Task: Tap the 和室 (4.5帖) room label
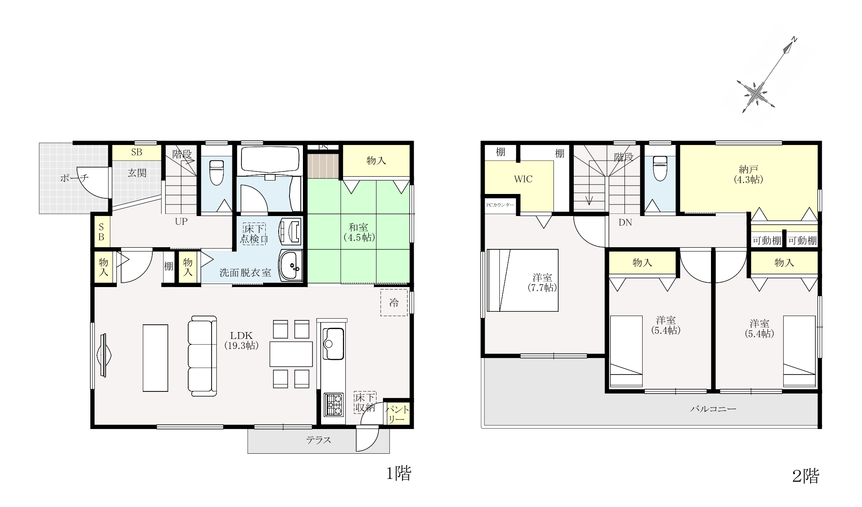359,233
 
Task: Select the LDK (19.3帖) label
241,340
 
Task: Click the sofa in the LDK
202,356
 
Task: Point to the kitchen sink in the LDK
333,344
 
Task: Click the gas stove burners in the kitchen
333,404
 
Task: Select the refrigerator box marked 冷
394,302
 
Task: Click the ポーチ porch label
74,178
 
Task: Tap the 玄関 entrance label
137,173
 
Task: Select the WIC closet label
523,179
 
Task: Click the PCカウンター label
500,205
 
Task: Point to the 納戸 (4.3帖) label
748,174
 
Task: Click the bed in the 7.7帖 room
522,280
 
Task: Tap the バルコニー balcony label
713,408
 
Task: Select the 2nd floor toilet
660,168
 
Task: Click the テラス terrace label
318,440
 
